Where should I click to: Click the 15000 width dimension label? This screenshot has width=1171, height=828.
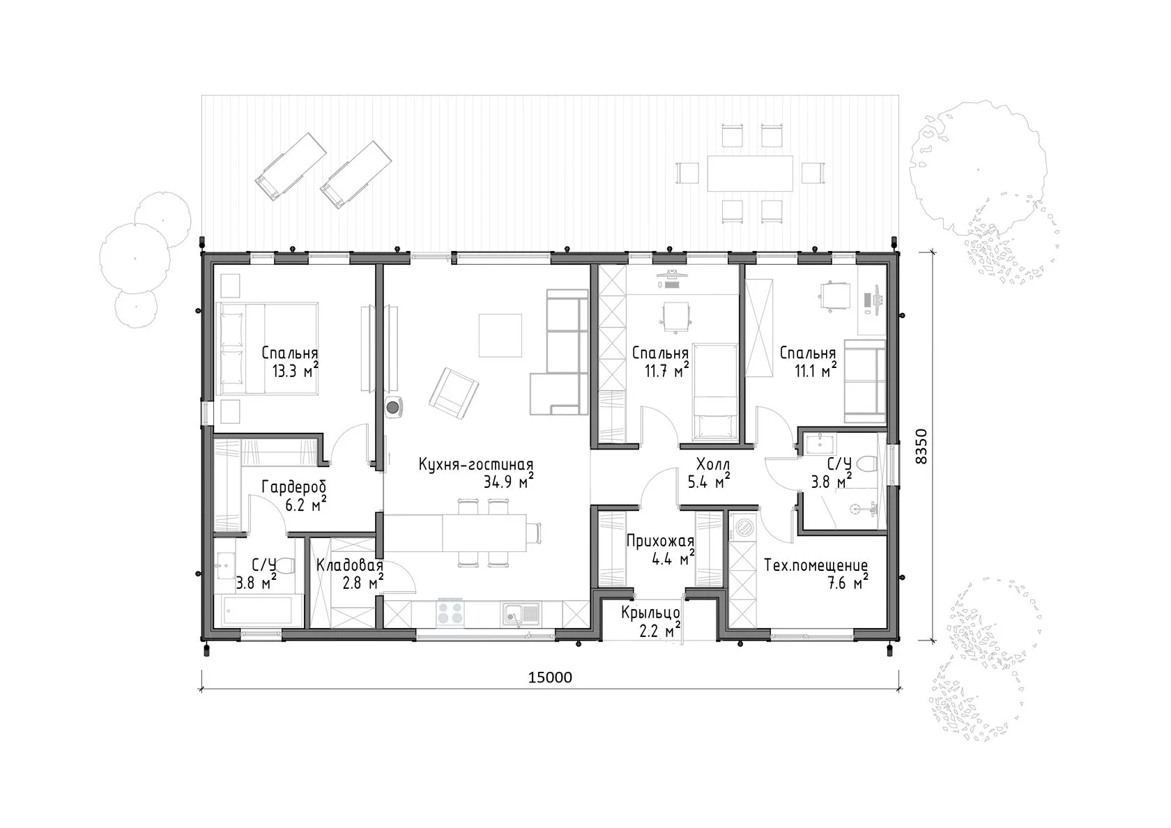coord(549,677)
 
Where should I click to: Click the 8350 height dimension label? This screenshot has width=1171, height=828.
coord(921,446)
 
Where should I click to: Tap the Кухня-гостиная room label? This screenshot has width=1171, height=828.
coord(475,465)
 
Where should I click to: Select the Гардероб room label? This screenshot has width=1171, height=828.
coord(294,488)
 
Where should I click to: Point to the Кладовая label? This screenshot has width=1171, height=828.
coord(350,566)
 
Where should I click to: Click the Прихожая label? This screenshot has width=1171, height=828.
coord(660,542)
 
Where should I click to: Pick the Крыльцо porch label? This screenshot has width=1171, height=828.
coord(650,613)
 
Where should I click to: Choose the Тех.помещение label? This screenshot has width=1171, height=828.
coord(816,566)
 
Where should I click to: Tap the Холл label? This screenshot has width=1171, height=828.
coord(713,464)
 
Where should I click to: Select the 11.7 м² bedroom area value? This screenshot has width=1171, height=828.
coord(666,370)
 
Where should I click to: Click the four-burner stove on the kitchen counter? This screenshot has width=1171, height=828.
coord(450,613)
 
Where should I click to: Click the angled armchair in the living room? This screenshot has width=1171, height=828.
coord(454,393)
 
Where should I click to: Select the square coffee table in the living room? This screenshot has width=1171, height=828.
coord(500,336)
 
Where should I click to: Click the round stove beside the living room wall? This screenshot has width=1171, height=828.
coord(394,407)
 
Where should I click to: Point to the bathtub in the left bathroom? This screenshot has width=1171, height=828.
coord(258,610)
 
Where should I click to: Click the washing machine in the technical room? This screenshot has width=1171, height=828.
coord(742,528)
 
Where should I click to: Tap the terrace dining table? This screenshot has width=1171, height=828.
coord(750,173)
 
